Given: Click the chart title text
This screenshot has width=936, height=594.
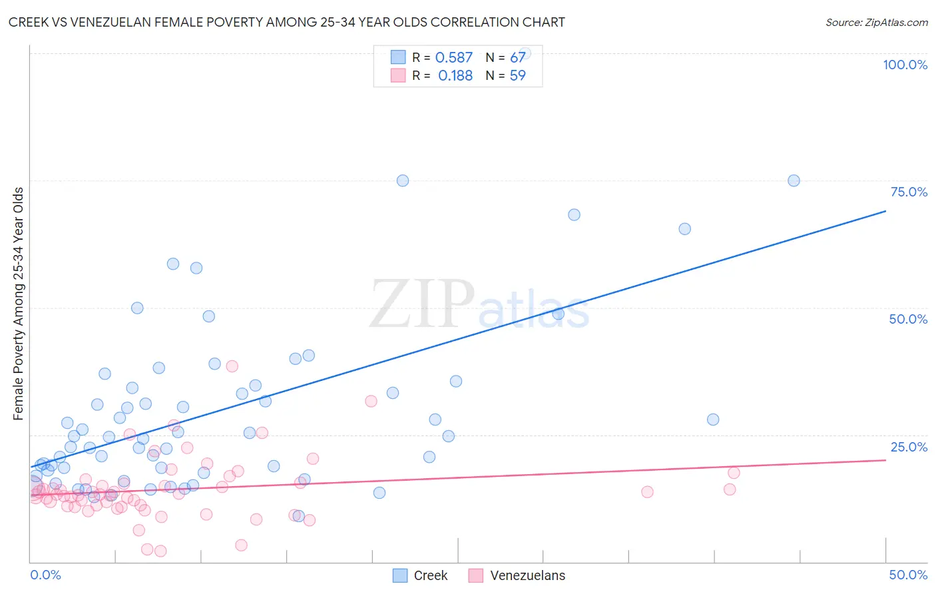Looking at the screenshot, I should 286,22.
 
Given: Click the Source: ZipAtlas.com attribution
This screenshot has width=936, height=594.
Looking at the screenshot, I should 876,22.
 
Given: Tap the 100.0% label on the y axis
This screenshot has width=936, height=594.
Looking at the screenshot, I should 905,65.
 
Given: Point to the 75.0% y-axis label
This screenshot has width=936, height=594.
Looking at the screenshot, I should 909,192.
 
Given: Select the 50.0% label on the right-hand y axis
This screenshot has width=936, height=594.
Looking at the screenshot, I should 908,319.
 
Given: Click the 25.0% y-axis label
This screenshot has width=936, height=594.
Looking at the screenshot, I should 909,447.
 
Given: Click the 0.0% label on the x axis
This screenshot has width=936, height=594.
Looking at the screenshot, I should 45,575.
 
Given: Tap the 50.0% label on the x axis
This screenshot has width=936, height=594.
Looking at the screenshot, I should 908,575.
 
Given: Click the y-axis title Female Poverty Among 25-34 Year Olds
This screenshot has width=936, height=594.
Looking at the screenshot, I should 19,304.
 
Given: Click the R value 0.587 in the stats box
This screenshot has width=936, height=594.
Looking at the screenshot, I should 454,58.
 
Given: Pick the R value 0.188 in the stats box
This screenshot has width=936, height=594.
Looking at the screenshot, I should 455,76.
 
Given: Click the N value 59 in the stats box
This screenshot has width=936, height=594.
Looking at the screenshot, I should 518,76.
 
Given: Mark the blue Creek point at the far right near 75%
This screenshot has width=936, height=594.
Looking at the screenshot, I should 794,180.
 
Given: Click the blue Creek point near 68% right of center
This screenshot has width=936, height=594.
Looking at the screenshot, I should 574,214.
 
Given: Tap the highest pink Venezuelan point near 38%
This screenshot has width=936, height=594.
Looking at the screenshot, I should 232,366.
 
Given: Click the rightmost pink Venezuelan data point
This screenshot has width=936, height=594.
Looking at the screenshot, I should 734,473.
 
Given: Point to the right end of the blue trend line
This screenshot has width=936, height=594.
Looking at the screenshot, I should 885,211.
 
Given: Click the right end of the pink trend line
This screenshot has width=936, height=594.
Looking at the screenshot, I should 885,460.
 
